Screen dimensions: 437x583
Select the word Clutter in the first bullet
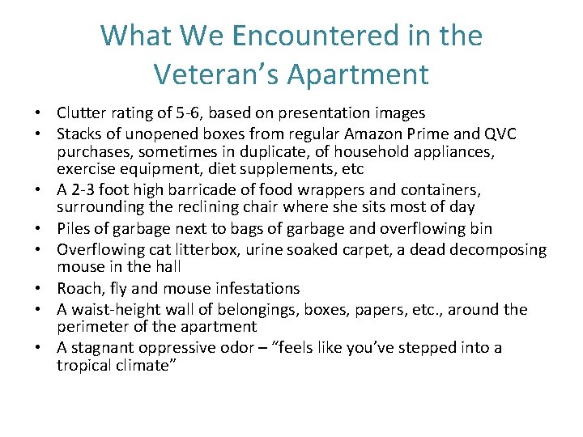tap(80, 113)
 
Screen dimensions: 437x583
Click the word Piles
tap(74, 228)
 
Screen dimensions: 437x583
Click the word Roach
tap(79, 288)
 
